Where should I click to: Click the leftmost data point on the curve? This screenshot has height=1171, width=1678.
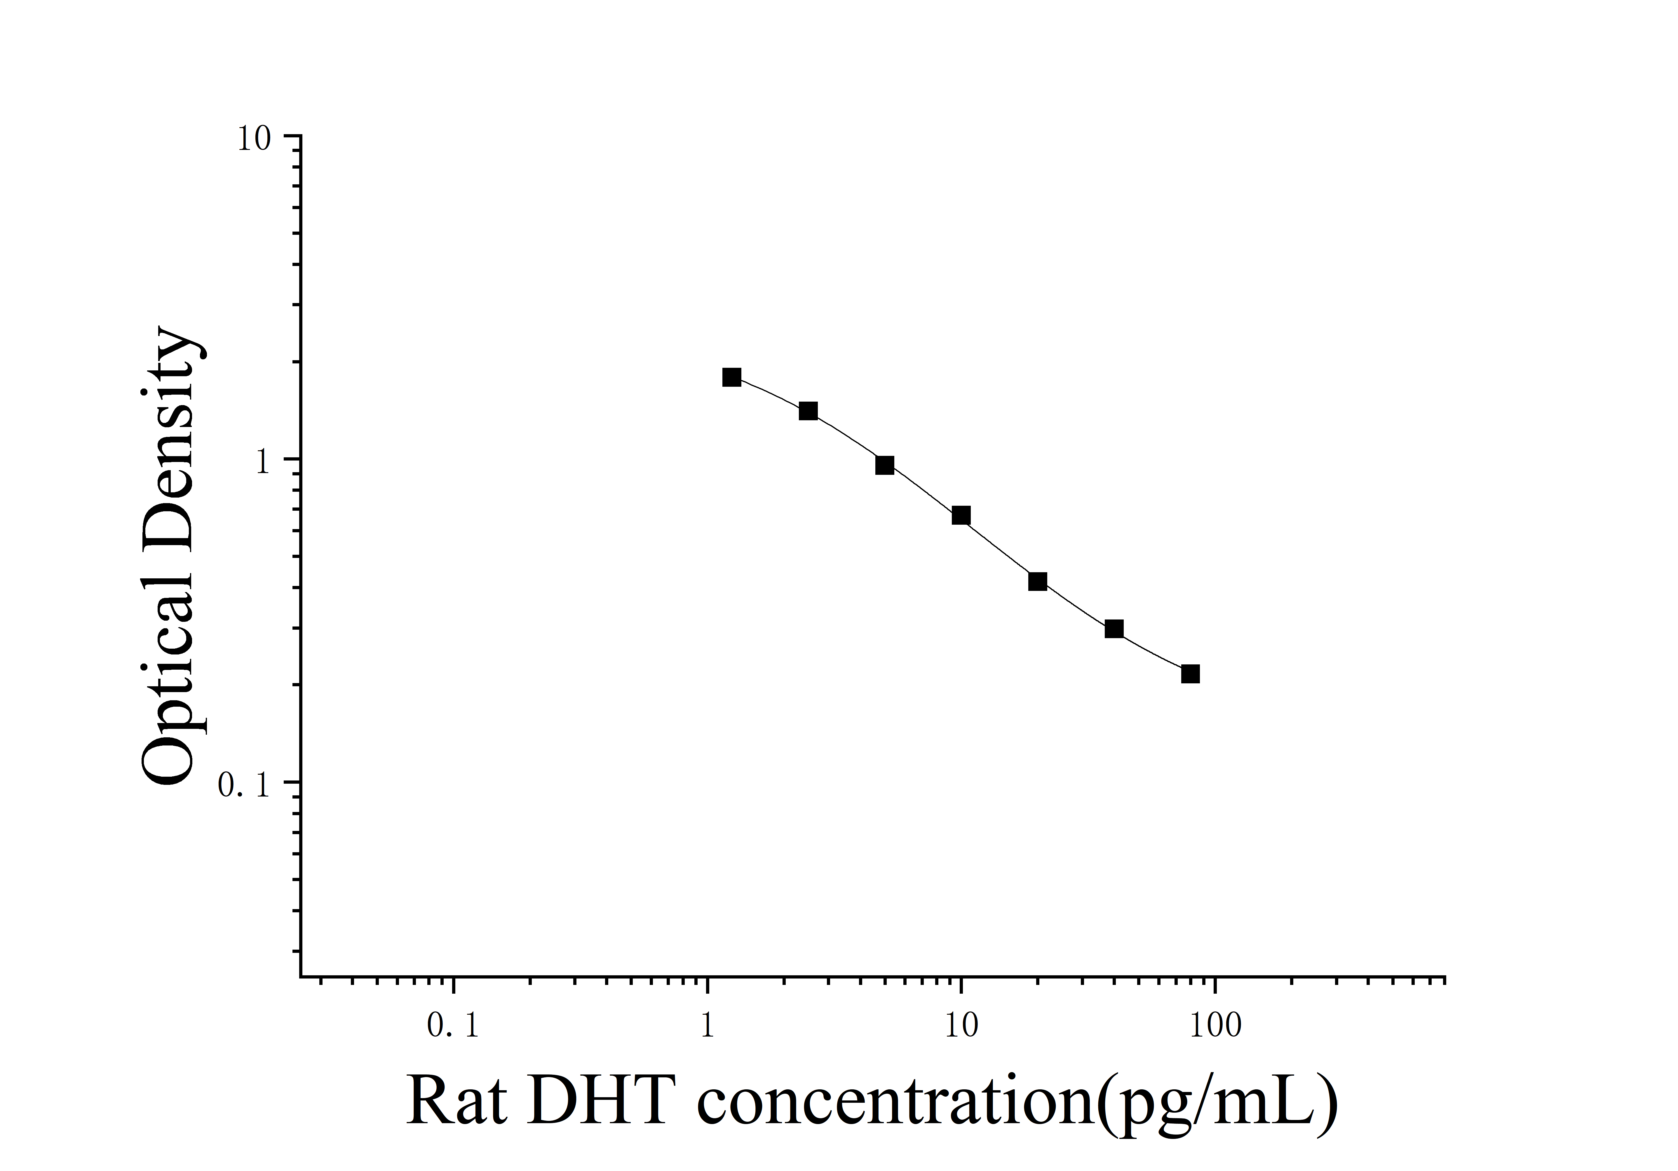tap(731, 377)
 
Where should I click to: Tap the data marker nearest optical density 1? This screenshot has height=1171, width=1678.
tap(884, 465)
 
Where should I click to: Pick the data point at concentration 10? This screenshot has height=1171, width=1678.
tap(961, 516)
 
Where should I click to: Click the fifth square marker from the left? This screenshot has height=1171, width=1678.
tap(1037, 582)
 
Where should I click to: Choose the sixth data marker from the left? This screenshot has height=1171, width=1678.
tap(1114, 629)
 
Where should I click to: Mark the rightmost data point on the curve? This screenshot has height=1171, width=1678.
tap(1191, 673)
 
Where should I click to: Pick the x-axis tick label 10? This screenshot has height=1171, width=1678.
tap(961, 1026)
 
